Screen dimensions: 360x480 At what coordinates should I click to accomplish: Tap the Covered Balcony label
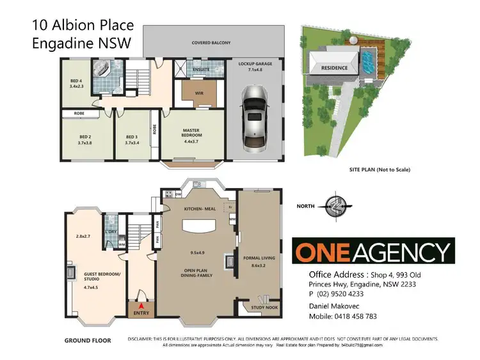pos(211,43)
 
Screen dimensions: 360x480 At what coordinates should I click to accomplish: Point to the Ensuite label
pos(201,70)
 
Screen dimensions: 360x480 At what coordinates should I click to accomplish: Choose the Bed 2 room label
pos(86,139)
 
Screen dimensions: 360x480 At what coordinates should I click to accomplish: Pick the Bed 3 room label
pos(132,139)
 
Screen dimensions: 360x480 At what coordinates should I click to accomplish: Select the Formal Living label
pos(259,261)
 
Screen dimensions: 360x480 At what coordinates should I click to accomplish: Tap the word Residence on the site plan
pos(334,68)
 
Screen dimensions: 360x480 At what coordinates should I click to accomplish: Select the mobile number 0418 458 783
pos(351,317)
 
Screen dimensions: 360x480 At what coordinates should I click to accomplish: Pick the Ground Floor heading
pos(87,341)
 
